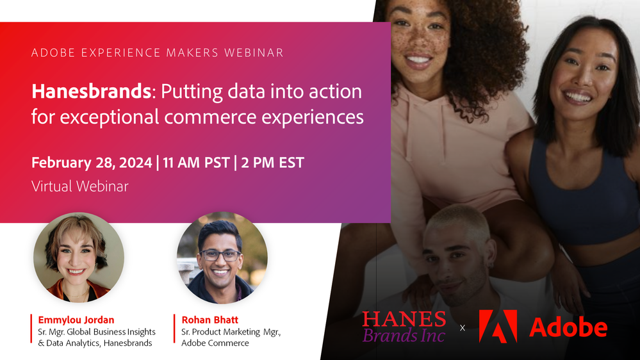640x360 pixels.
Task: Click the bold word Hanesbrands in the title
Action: click(90, 92)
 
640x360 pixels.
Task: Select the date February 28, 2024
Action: click(92, 162)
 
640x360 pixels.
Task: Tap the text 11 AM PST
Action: click(196, 162)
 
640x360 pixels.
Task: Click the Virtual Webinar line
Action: click(80, 186)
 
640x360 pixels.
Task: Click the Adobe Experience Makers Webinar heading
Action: click(157, 53)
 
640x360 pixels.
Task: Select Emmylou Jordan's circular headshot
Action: click(79, 258)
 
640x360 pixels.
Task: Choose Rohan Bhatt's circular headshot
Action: click(222, 258)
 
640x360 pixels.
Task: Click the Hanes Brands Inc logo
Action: click(404, 326)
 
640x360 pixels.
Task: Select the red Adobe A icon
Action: click(498, 326)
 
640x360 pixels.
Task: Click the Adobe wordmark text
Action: click(568, 327)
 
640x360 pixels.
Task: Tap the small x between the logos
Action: click(463, 328)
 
